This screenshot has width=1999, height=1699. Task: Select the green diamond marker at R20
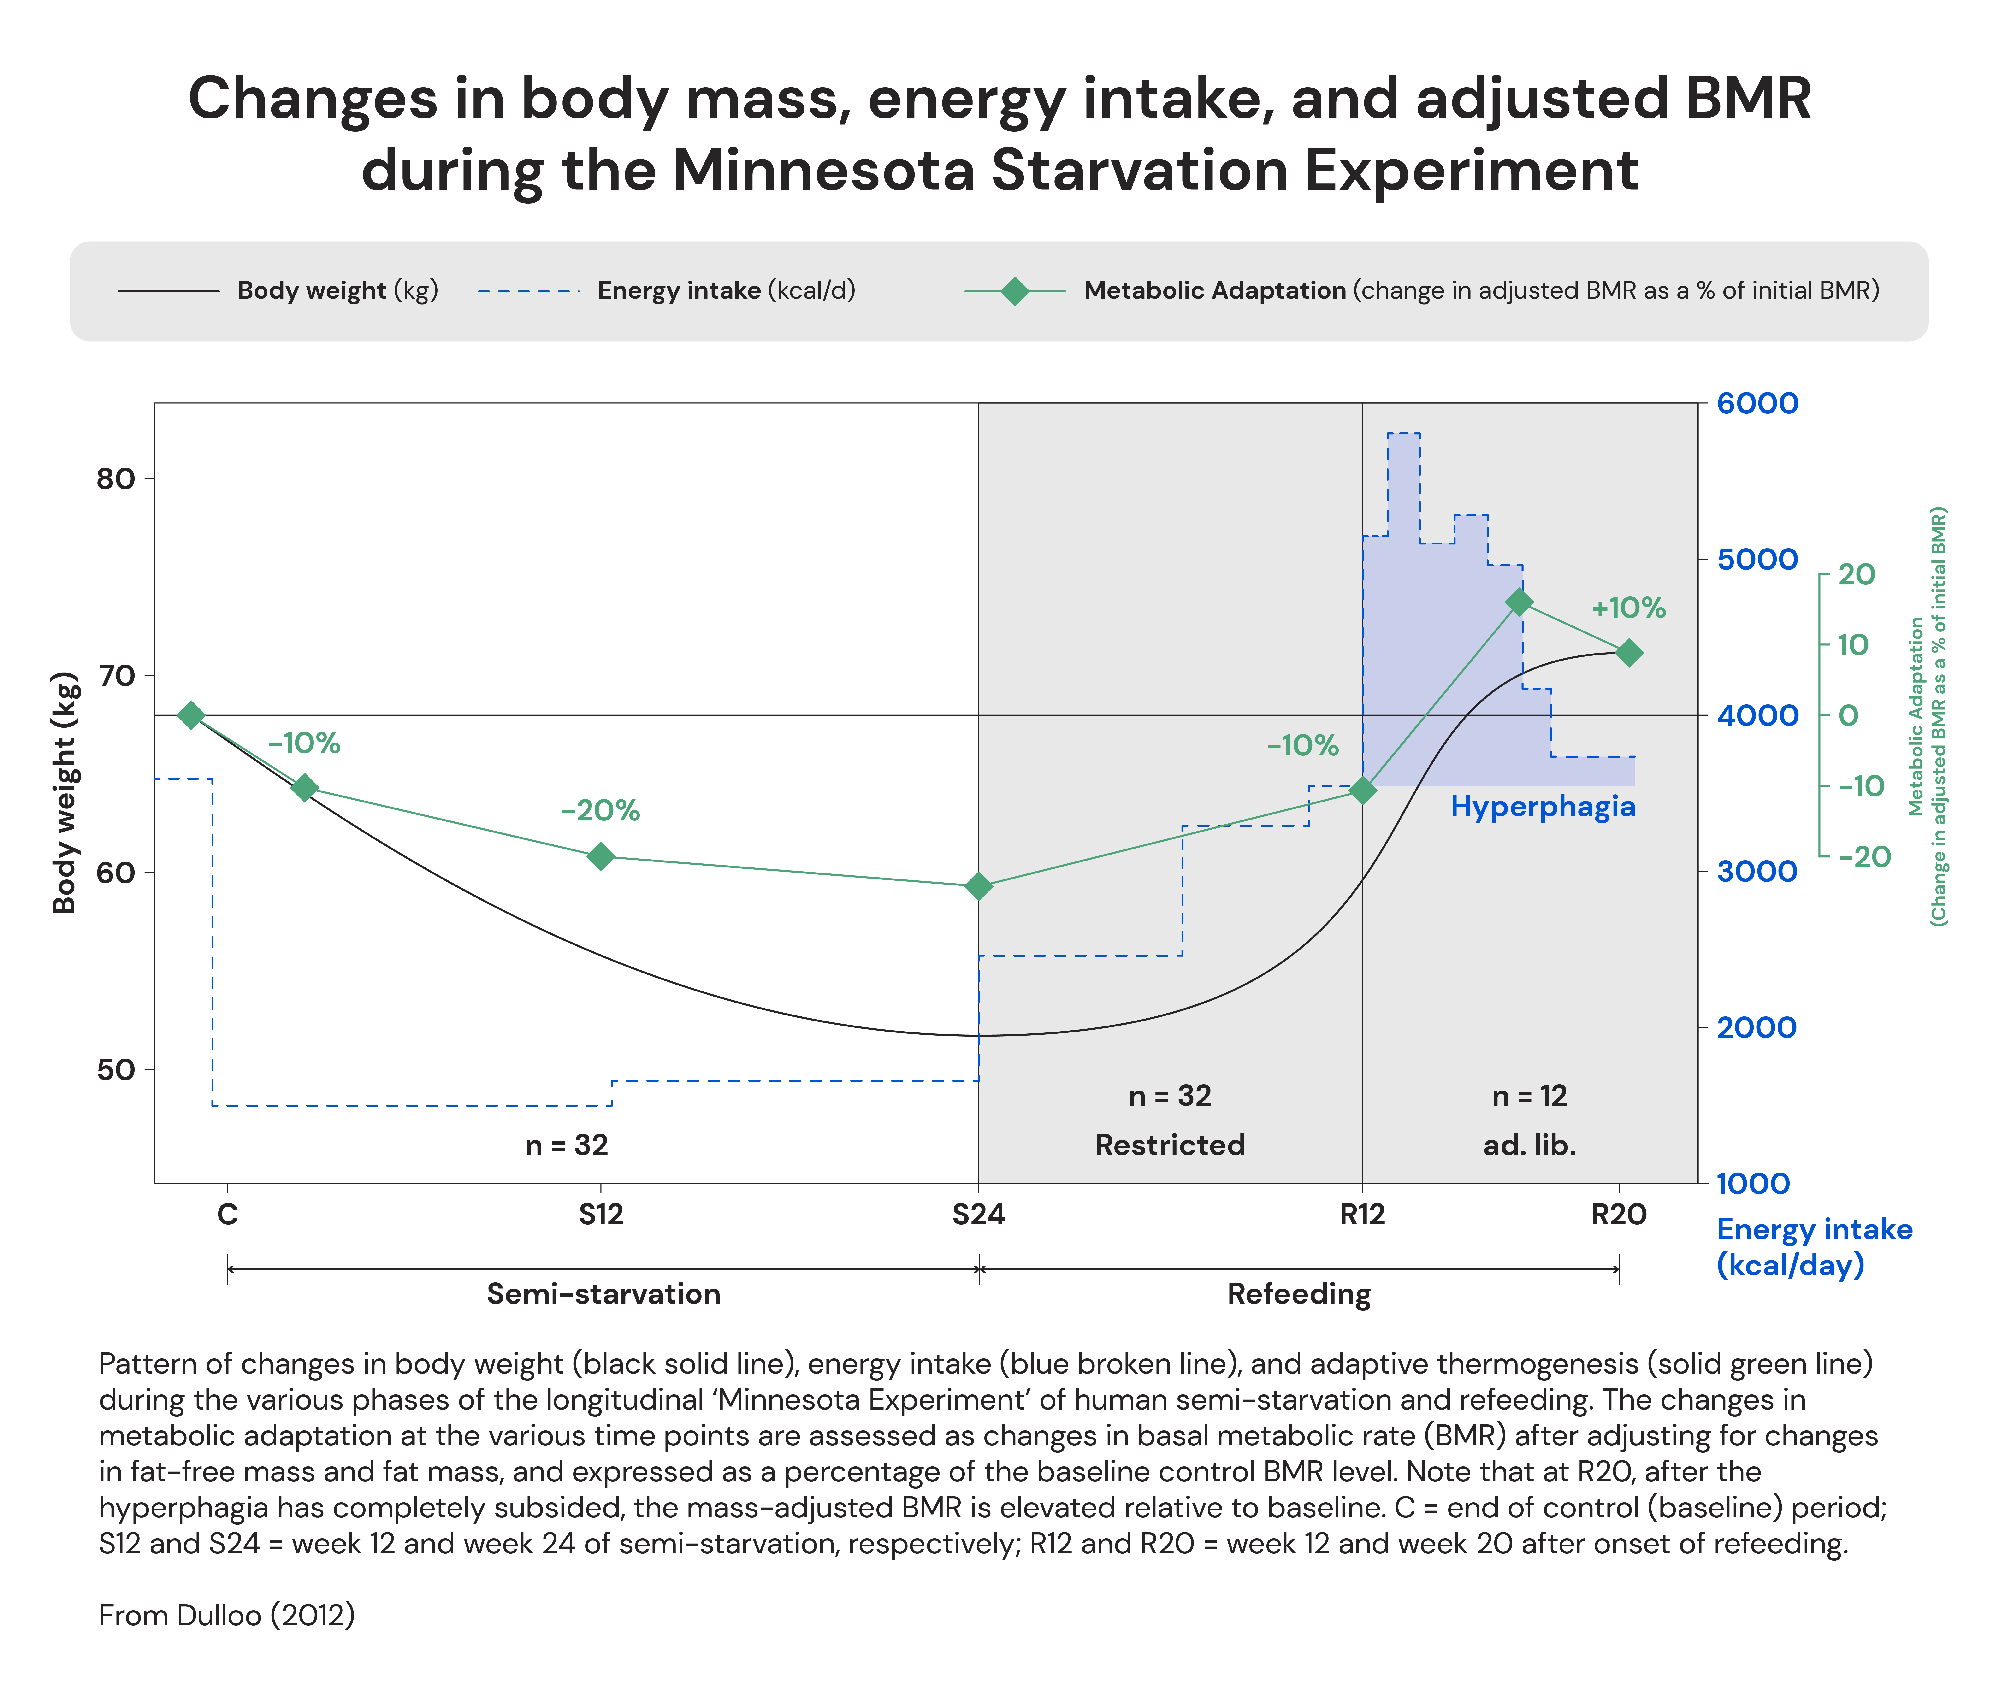pyautogui.click(x=1629, y=653)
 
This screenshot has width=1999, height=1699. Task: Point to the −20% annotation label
pyautogui.click(x=600, y=810)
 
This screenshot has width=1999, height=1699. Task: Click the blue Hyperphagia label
pyautogui.click(x=1542, y=806)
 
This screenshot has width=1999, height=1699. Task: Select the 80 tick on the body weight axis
pyautogui.click(x=116, y=479)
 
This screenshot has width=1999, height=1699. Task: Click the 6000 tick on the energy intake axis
pyautogui.click(x=1757, y=404)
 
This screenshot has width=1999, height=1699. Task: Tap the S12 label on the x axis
pyautogui.click(x=601, y=1215)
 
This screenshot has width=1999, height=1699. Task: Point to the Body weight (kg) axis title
pyautogui.click(x=65, y=792)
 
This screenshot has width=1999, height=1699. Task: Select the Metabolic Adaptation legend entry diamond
pyautogui.click(x=1014, y=291)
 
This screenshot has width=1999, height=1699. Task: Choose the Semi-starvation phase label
pyautogui.click(x=603, y=1293)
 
